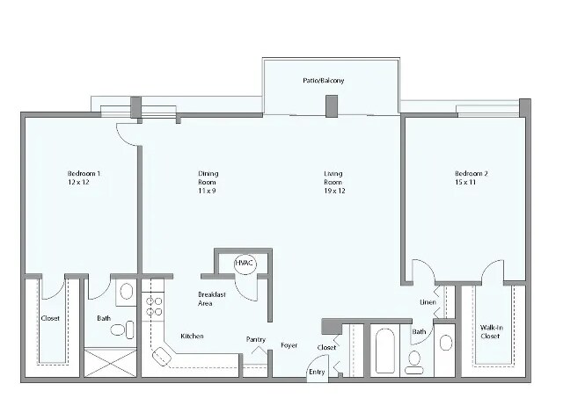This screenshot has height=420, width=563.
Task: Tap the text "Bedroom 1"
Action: pos(84,174)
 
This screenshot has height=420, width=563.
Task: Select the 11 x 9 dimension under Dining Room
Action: pos(208,184)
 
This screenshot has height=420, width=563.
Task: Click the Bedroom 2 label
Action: pos(471,174)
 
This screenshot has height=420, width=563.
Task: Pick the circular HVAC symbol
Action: pos(244,264)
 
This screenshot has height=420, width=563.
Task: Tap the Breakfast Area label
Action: pos(211,299)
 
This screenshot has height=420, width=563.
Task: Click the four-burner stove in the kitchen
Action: pos(154,307)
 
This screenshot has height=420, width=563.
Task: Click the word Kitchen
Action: pos(193,337)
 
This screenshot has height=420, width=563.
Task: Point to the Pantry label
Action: pos(255,339)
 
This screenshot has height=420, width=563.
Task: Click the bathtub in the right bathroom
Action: pos(384,351)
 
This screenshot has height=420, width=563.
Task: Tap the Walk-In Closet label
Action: pos(491,332)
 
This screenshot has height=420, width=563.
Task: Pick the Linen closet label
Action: pos(428,303)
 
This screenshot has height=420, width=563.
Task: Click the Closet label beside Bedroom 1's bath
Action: pos(50,318)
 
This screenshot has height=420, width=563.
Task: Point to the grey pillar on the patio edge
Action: pos(332,105)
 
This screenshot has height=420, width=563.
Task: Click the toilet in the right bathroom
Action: pos(414,360)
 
